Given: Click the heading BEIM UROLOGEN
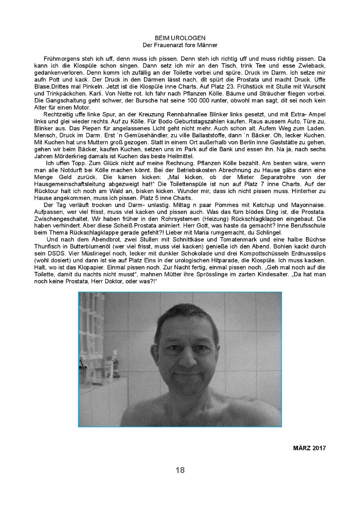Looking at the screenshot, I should [180, 38].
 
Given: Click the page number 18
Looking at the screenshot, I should [180, 470].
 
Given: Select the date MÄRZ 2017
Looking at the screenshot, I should [309, 448].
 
